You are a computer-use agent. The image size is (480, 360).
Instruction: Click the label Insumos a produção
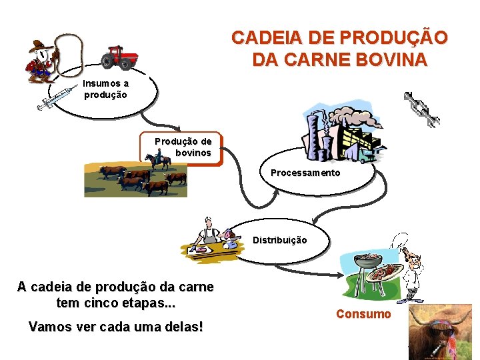pos(105,89)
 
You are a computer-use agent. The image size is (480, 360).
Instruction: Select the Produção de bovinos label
pos(183,147)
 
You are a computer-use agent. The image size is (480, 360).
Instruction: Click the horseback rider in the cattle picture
pos(159,159)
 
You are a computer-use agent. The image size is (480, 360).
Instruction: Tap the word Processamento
pos(305,173)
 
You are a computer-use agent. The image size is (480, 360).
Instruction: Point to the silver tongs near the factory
pos(422,109)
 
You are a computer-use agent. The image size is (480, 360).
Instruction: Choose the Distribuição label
pos(279,240)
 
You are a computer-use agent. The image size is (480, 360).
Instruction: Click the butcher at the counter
pos(211,233)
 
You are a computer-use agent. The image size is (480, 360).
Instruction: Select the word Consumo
pos(363,313)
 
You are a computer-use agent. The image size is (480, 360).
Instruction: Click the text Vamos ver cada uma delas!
pos(115,327)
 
